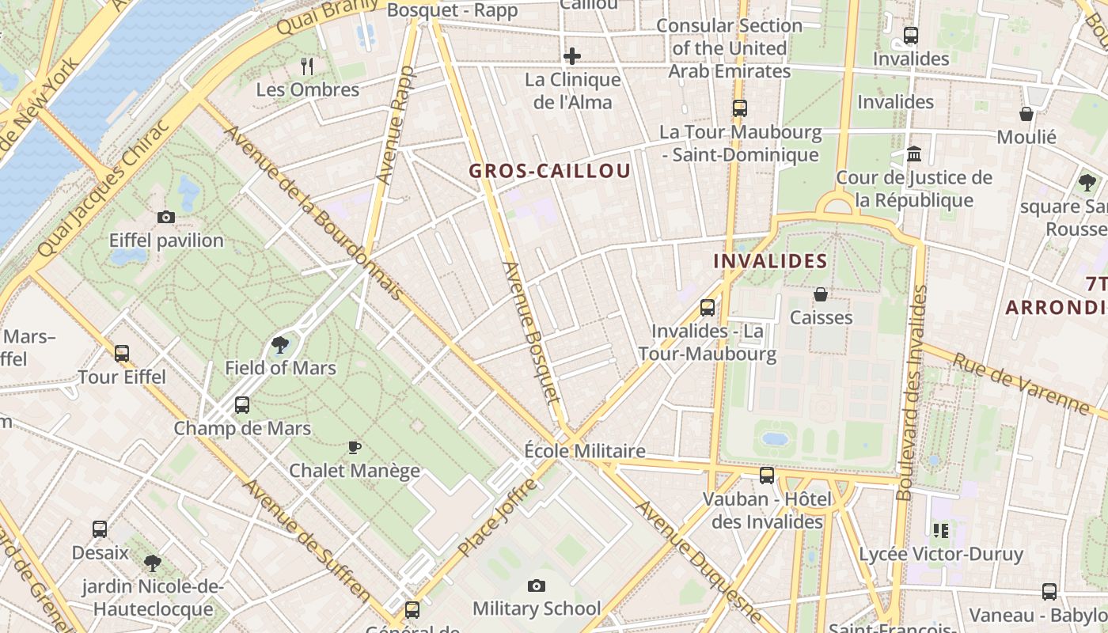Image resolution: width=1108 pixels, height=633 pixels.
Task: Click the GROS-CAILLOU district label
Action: tap(549, 171)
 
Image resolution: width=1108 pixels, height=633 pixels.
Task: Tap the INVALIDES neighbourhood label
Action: tap(770, 261)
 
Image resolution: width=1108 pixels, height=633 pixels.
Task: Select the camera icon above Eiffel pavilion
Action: tap(166, 217)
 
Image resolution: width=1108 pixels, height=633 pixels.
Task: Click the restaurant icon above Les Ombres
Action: tap(308, 66)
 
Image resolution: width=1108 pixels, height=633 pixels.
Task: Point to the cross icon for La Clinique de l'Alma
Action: tap(572, 56)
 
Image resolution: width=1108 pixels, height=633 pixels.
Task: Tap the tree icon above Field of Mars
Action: tap(279, 344)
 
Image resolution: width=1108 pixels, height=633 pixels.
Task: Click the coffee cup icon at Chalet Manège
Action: tap(355, 447)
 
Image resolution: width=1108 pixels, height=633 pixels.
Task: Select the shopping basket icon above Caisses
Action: tap(821, 294)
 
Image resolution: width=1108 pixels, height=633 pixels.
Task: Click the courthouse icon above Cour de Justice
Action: tap(914, 154)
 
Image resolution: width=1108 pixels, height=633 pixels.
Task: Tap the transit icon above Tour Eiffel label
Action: tap(122, 354)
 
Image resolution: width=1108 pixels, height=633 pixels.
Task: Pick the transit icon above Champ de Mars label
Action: tap(242, 405)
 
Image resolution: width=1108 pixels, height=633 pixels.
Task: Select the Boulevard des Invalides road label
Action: tap(911, 392)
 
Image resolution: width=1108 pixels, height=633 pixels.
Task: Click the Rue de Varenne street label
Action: tap(1021, 384)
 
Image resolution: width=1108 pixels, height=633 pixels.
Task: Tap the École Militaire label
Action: tap(585, 451)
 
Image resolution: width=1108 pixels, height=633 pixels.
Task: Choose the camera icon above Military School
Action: tap(537, 586)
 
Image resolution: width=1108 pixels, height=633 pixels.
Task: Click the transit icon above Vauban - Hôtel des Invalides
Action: tap(767, 476)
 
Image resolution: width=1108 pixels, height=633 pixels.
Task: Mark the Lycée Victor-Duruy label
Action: tap(941, 554)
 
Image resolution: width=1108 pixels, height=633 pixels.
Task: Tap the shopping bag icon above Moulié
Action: tap(1026, 114)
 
